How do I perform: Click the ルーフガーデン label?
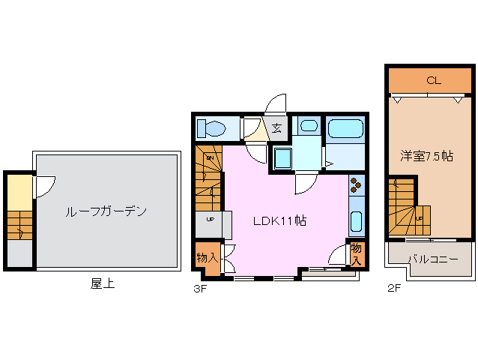pos(106,211)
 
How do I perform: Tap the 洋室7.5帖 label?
pos(426,156)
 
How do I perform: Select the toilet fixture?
pos(212,127)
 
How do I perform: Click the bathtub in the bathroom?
pos(345,127)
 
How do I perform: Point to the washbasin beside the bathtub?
pos(306,126)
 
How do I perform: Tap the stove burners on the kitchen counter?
pos(356,184)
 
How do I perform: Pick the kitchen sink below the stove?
pos(357,223)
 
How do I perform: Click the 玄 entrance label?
pos(276,127)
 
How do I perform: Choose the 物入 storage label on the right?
pos(357,253)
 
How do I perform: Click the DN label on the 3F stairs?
pos(211,159)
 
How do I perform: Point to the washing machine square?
pos(284,158)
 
